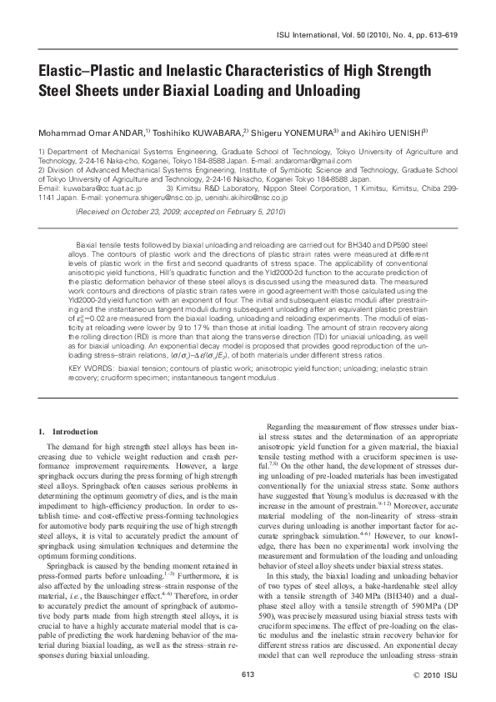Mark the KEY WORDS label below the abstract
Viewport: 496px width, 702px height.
point(92,367)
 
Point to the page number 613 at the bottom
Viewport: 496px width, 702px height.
point(247,673)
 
